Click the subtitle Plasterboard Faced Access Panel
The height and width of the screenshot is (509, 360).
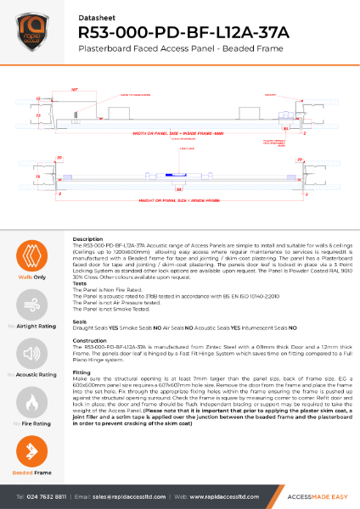[x=172, y=51]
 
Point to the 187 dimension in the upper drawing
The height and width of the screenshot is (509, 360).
[x=75, y=87]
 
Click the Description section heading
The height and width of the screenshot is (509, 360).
[x=88, y=240]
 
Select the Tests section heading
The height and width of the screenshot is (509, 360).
[x=81, y=284]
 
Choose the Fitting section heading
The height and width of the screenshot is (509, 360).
[x=82, y=372]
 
